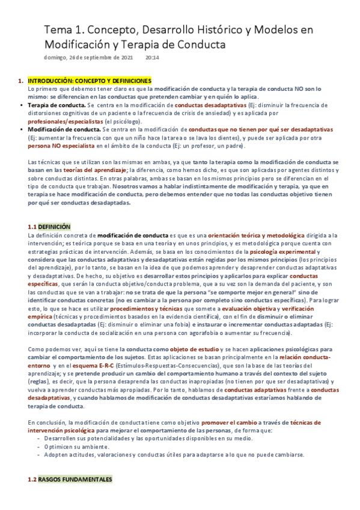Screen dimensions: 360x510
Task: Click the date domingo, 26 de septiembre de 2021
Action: (89, 58)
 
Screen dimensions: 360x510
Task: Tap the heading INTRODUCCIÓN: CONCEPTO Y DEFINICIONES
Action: (90, 81)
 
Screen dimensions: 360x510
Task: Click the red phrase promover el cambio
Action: (227, 423)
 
